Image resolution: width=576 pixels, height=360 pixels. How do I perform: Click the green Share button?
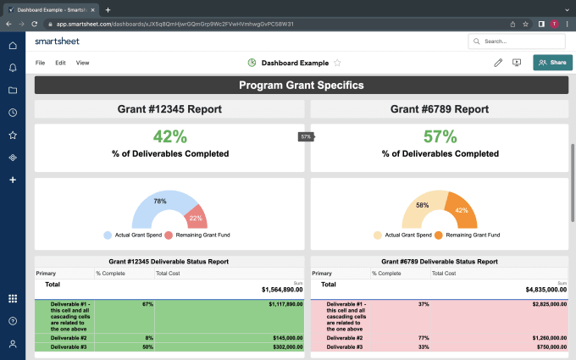coord(552,62)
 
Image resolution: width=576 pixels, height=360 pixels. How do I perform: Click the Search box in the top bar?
coord(516,41)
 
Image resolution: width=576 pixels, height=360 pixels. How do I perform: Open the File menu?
coord(40,63)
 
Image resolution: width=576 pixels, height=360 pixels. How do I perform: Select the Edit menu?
coord(60,63)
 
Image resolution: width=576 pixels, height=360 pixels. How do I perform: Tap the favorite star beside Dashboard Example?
coord(337,63)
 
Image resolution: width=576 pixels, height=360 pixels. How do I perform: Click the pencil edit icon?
coord(498,62)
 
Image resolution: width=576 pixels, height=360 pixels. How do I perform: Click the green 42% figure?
coord(169,136)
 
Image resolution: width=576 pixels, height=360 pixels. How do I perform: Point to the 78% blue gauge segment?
coord(159,202)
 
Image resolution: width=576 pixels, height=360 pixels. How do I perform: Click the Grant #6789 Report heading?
coord(439,109)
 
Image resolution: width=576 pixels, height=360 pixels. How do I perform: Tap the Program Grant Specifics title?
coord(301,85)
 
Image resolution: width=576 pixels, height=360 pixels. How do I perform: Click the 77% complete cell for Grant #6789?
coord(424,337)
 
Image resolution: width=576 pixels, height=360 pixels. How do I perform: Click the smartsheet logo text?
coord(58,41)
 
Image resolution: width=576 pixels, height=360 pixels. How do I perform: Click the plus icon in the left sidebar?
coord(13,180)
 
